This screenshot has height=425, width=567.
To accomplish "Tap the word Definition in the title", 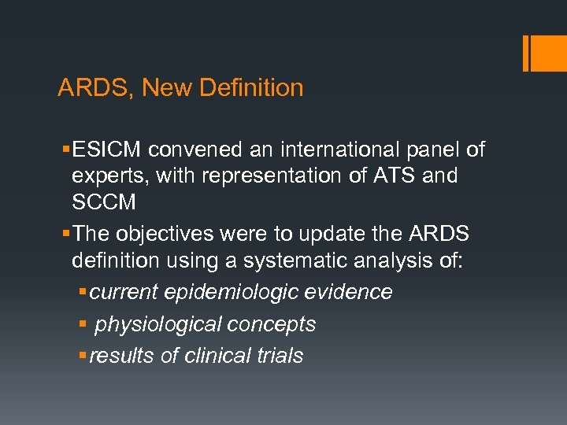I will (x=251, y=87).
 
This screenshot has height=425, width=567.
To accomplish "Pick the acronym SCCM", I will (x=104, y=202).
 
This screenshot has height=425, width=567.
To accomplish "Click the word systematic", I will (x=305, y=261).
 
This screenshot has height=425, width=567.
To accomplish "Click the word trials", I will (x=280, y=356).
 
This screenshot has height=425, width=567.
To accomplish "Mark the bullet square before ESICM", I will (x=63, y=149).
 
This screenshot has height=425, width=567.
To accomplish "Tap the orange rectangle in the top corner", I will (x=546, y=54).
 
